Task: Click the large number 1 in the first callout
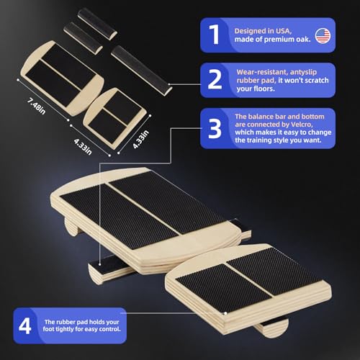pos(215,35)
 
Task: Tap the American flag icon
pos(323,36)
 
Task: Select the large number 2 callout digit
pos(215,79)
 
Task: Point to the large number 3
pos(215,129)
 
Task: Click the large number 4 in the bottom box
pos(24,325)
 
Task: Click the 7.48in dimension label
pos(36,106)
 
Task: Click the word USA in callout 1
pos(284,31)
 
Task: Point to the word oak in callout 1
pos(304,39)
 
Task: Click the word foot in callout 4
pos(48,329)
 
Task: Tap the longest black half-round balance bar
pos(142,71)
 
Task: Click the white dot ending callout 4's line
pos(225,313)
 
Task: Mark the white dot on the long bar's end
pos(169,84)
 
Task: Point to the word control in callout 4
pos(109,329)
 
